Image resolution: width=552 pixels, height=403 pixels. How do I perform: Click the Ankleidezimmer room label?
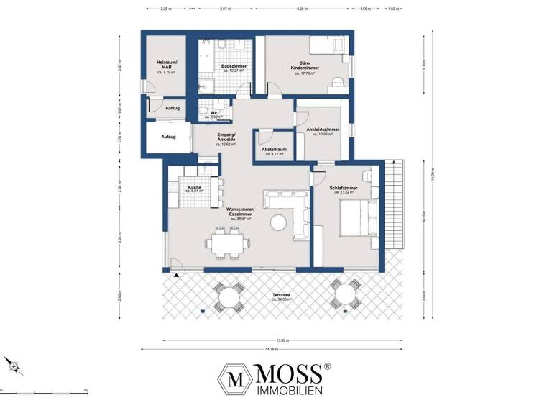(x=323, y=131)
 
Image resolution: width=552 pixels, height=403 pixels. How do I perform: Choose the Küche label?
(x=194, y=189)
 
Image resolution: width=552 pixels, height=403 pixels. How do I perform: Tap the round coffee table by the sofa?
(x=277, y=223)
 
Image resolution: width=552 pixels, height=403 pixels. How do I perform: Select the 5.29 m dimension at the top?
(x=301, y=9)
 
